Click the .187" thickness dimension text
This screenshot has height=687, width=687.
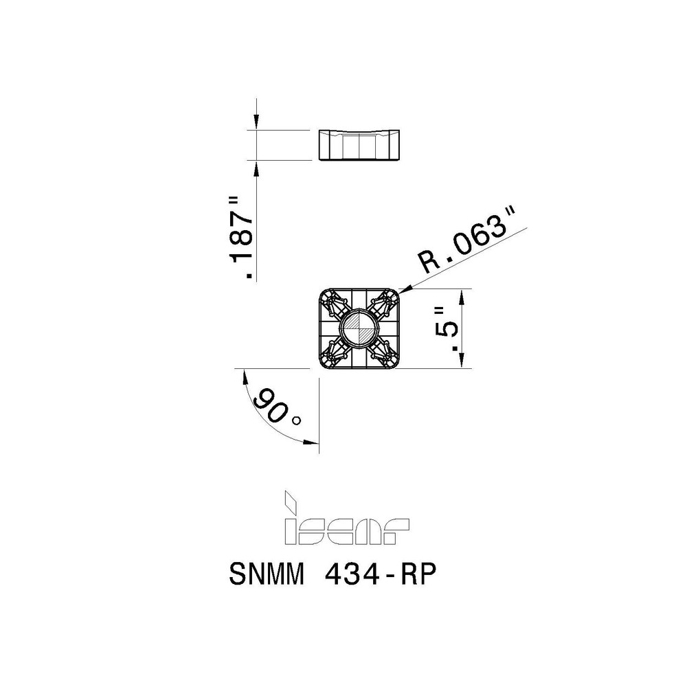241,237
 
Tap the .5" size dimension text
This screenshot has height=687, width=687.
449,328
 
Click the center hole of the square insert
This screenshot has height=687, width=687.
359,328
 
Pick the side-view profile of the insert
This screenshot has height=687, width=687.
359,145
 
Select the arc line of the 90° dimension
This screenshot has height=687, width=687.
261,419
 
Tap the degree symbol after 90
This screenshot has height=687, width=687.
297,420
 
